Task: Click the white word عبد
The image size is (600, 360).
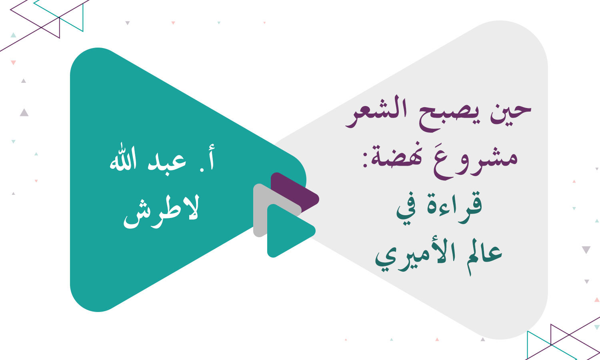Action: click(166, 162)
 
